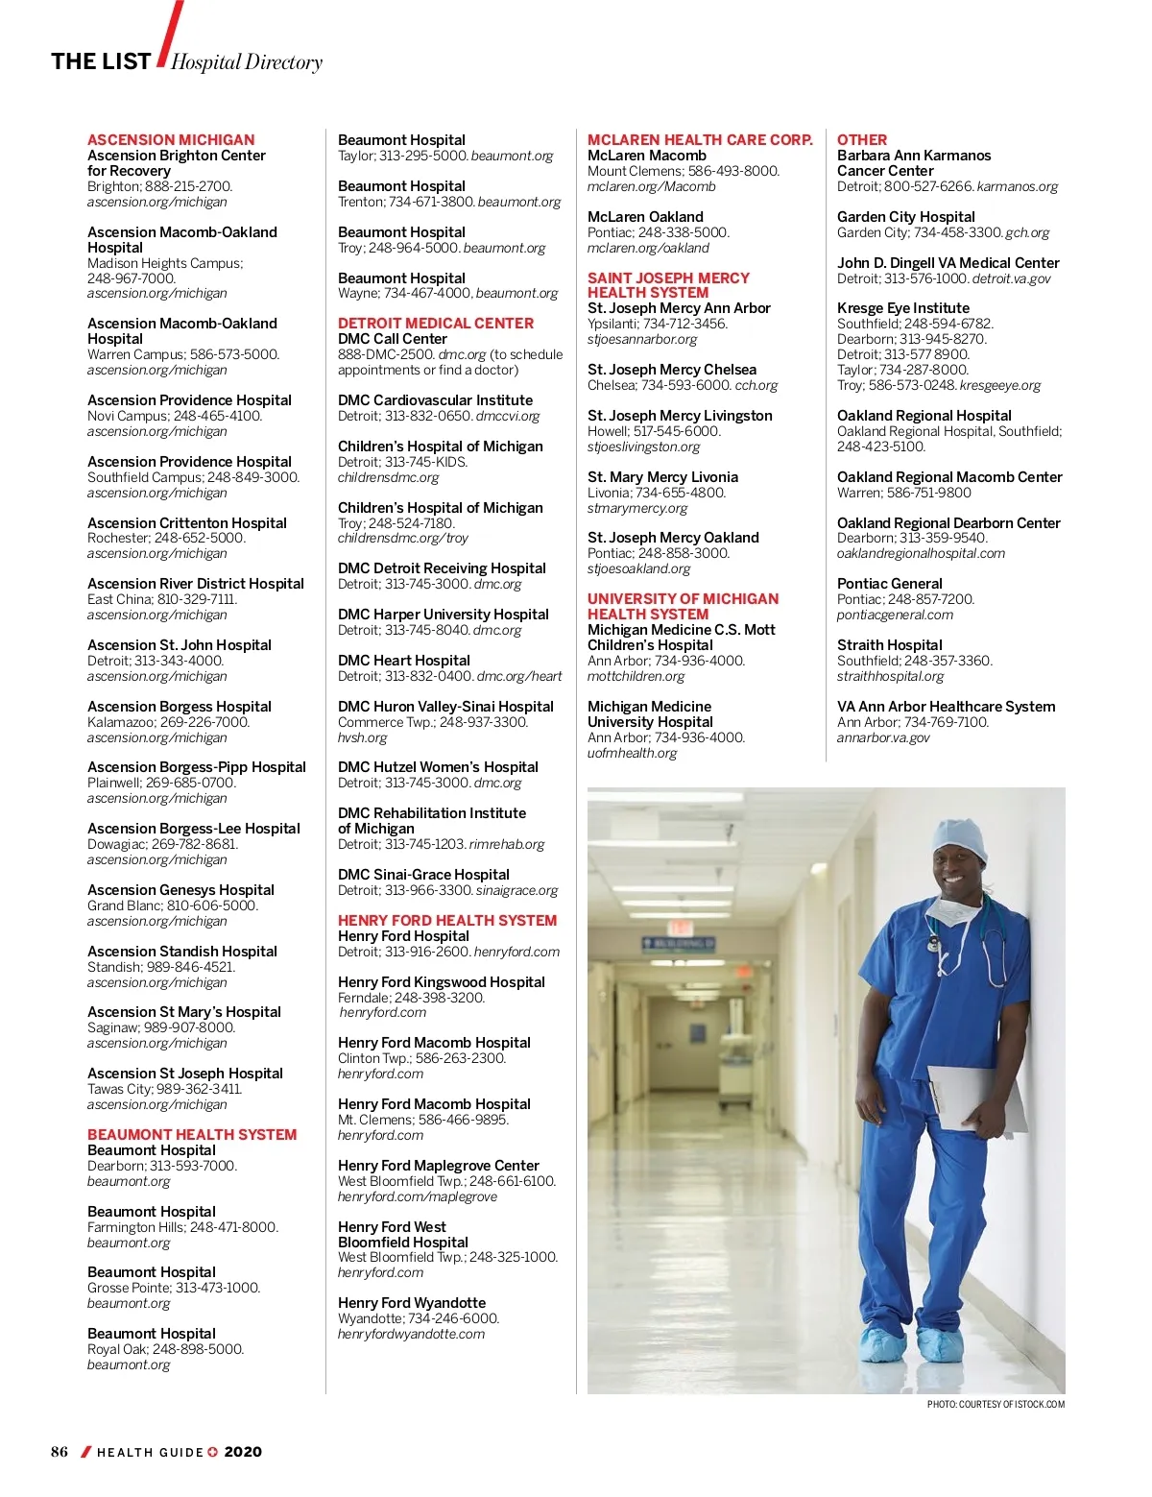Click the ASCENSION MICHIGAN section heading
click(171, 140)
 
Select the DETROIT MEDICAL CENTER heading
click(435, 324)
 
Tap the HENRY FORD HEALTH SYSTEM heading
click(446, 921)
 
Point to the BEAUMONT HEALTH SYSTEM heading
click(192, 1135)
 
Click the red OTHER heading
click(861, 140)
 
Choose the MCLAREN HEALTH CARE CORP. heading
click(700, 140)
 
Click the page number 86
click(60, 1452)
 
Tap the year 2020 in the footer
click(243, 1452)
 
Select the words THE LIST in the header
click(101, 61)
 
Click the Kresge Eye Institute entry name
click(902, 308)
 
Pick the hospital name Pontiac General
click(889, 584)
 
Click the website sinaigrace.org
click(516, 890)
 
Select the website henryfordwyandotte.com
click(411, 1334)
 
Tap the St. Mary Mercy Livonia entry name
click(662, 477)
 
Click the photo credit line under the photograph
click(996, 1405)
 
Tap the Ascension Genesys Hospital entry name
click(180, 890)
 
